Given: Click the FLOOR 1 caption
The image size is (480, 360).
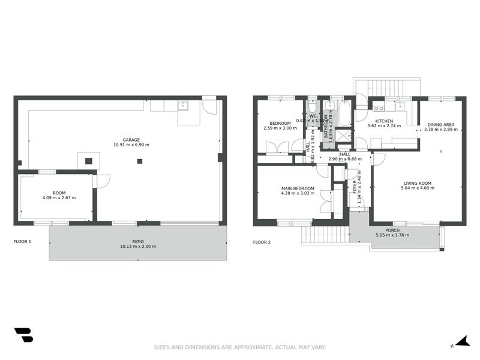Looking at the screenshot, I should tap(22, 242).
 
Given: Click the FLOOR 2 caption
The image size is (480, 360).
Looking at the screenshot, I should tap(262, 242).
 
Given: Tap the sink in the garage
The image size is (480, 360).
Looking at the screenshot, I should tap(183, 106).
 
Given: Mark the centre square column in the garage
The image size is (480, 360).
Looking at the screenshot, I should tap(140, 161).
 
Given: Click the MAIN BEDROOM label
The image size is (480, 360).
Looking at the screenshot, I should tap(298, 188).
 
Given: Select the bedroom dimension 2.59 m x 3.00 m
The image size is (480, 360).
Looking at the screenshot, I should tap(280, 128).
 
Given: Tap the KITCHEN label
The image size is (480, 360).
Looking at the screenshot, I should tap(384, 121).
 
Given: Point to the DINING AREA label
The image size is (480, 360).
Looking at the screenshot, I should tap(440, 124).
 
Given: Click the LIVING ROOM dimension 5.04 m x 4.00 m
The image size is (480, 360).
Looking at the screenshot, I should tap(417, 188).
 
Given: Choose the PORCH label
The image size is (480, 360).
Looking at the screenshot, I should tap(392, 230).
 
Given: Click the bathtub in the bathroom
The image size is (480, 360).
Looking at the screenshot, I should tap(344, 113).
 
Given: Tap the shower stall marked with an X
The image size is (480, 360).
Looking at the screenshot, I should tap(344, 136).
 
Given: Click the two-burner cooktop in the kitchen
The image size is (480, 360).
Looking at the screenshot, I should tap(379, 109).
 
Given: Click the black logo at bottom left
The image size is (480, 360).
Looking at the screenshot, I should tap(23, 335).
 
